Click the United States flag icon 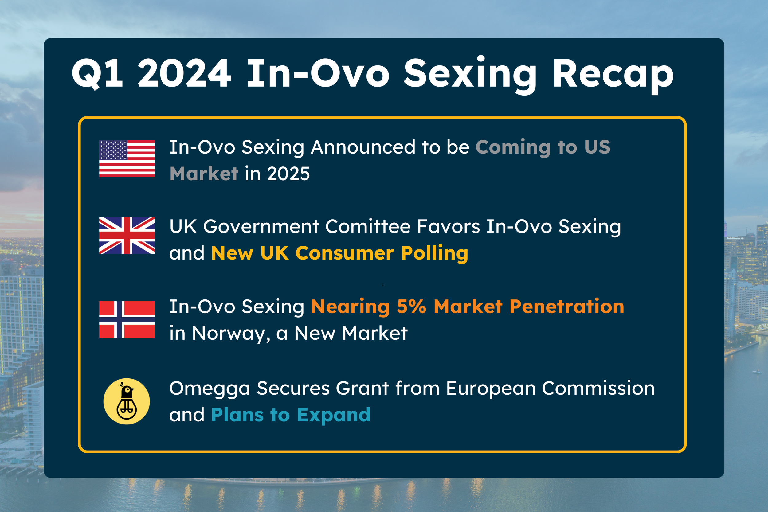pyautogui.click(x=127, y=159)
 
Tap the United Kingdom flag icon pyautogui.click(x=127, y=235)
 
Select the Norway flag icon pyautogui.click(x=127, y=320)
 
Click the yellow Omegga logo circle pyautogui.click(x=127, y=401)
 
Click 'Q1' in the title pyautogui.click(x=97, y=73)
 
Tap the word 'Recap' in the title pyautogui.click(x=613, y=76)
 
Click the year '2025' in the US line pyautogui.click(x=288, y=174)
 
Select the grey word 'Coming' pyautogui.click(x=513, y=148)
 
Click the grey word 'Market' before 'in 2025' pyautogui.click(x=204, y=174)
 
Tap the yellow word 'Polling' pyautogui.click(x=435, y=254)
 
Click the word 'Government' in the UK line pyautogui.click(x=261, y=227)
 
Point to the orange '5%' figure pyautogui.click(x=411, y=307)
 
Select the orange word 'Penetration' pyautogui.click(x=567, y=307)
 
